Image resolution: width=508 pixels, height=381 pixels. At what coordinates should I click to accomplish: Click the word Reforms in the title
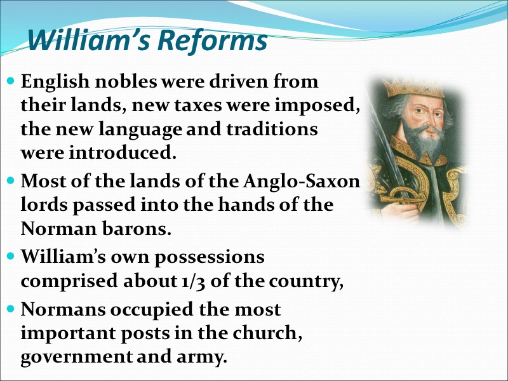point(212,42)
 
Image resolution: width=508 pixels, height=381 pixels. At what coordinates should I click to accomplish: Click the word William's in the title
point(88,42)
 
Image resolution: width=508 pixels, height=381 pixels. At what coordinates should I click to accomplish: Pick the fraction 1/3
point(186,281)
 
